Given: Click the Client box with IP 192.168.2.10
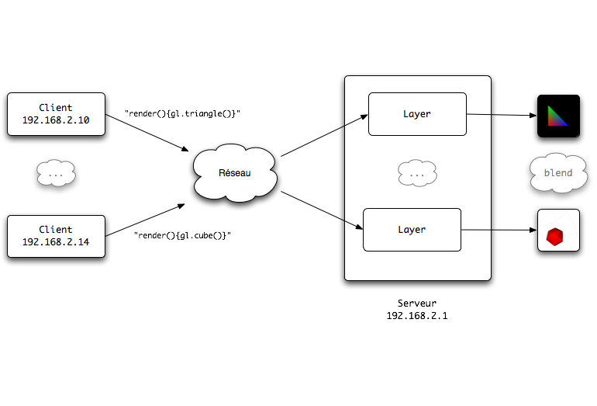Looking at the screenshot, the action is (x=56, y=114).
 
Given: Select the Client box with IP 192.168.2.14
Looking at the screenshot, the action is (x=56, y=236).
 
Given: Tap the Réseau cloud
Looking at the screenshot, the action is (x=235, y=173).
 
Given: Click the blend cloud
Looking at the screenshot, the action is (x=558, y=172).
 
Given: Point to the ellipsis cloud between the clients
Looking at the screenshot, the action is (x=56, y=173).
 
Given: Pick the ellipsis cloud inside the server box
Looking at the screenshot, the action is (x=417, y=173).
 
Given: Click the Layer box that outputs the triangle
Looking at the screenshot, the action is (x=417, y=114).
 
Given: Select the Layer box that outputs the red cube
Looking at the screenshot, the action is (x=412, y=230).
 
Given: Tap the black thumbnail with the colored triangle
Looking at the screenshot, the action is (x=558, y=116).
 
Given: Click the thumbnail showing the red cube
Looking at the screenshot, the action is (x=558, y=231).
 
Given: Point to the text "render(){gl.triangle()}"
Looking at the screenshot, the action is (x=183, y=113).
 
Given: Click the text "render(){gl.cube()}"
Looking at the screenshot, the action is (x=182, y=235).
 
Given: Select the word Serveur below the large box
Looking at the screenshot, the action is (x=417, y=303).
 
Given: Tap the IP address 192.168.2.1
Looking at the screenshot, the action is (x=417, y=316).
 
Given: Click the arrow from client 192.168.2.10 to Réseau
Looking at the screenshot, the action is (x=147, y=133).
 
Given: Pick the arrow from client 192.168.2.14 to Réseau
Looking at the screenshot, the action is (x=145, y=220).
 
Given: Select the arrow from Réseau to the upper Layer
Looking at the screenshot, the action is (x=324, y=135).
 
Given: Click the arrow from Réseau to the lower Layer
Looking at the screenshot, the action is (x=322, y=210).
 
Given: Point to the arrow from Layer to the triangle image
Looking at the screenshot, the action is (x=502, y=115).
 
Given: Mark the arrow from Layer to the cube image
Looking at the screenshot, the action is (x=499, y=230).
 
